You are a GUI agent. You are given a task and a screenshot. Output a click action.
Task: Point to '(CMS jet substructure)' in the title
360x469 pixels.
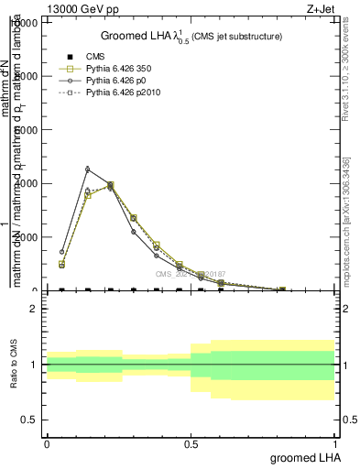236,36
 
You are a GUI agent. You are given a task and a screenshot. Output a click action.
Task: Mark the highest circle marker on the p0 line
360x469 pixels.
87,169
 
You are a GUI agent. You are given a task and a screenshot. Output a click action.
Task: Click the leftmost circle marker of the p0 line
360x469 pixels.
62,251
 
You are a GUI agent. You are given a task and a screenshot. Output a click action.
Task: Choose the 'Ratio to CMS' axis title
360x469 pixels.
14,364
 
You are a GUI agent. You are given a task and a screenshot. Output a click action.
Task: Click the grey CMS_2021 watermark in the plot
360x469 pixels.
190,273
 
